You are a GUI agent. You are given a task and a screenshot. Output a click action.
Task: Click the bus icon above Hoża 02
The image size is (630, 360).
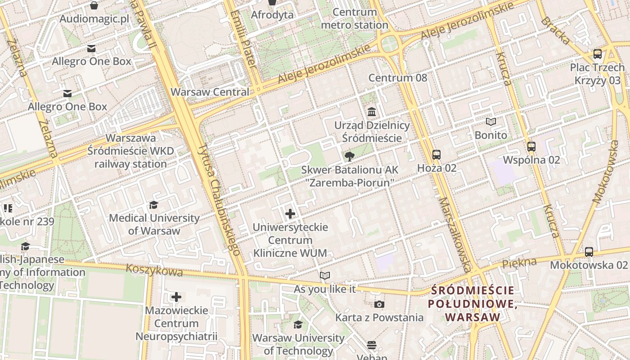tap(436, 155)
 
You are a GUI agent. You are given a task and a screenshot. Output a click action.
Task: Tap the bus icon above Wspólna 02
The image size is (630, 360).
tap(531, 147)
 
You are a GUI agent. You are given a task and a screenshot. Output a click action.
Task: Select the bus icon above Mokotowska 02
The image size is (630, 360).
tap(589, 252)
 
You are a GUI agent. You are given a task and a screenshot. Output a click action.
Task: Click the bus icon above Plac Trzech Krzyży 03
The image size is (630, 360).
tap(598, 54)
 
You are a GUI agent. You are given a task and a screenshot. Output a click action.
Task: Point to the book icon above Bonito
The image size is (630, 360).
tap(491, 122)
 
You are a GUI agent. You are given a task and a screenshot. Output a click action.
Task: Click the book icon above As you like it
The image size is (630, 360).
tap(324, 276)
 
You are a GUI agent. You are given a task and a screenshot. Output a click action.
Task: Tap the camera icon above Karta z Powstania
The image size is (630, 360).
tap(379, 305)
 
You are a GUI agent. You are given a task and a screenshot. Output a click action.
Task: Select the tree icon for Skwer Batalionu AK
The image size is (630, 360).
tap(349, 157)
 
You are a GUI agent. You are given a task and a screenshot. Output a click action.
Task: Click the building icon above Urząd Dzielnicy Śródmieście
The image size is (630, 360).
tap(372, 112)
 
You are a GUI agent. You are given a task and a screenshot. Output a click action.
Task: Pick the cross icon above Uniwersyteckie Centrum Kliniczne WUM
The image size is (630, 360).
tap(290, 214)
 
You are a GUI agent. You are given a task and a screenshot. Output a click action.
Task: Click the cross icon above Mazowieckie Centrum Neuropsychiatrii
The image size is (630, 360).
tap(176, 297)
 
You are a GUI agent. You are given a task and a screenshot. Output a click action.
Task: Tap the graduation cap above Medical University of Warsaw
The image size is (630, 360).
tap(154, 205)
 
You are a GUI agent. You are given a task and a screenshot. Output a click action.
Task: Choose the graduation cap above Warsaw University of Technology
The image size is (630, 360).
tap(298, 325)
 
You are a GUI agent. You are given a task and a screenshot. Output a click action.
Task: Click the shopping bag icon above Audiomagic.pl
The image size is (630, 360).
tap(94, 5)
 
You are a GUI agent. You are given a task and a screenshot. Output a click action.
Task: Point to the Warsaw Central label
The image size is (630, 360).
tap(210, 92)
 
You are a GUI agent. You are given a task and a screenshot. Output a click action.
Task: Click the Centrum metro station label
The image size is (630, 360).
tap(355, 19)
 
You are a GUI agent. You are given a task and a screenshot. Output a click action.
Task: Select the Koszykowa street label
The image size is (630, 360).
tap(154, 270)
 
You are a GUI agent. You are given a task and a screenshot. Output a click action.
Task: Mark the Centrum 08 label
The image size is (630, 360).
tap(397, 78)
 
